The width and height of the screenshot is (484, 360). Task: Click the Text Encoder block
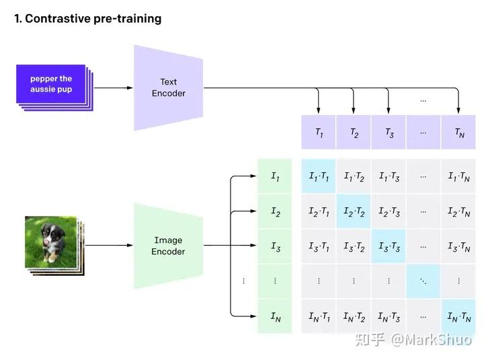click(168, 87)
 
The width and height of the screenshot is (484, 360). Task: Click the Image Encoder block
click(168, 246)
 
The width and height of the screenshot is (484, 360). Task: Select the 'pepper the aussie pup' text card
click(51, 84)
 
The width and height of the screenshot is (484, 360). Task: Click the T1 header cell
click(319, 133)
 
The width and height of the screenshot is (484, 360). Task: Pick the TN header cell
click(459, 133)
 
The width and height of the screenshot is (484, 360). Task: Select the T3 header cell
click(389, 133)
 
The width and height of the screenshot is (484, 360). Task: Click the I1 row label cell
click(275, 176)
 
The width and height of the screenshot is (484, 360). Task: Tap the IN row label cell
click(275, 316)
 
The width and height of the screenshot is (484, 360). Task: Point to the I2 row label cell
click(275, 211)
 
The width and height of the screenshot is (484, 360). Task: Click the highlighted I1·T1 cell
click(319, 176)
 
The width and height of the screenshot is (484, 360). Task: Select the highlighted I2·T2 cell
click(354, 211)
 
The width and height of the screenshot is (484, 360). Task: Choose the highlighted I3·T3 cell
click(389, 246)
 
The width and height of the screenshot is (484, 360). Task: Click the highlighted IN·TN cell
click(459, 316)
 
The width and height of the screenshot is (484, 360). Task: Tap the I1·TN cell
click(459, 176)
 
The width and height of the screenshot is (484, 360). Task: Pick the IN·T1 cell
click(319, 316)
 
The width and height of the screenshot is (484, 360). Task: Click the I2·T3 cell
click(389, 211)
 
